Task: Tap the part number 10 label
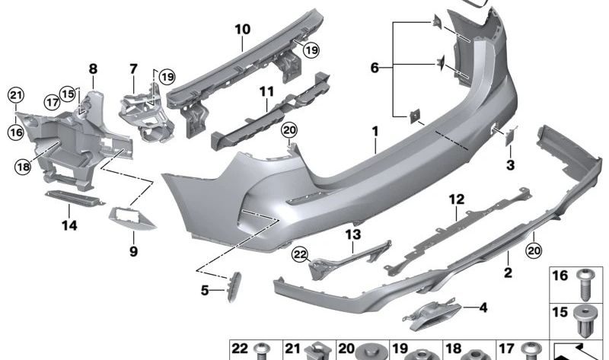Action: [x=242, y=30]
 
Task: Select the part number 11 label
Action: [x=266, y=92]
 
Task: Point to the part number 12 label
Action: [x=456, y=199]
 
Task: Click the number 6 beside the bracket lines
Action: [x=375, y=68]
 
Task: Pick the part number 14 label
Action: [x=70, y=225]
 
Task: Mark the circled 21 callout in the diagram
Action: [x=16, y=94]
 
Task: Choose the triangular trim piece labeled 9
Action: [x=132, y=219]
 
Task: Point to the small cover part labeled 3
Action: [x=509, y=135]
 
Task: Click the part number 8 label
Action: [x=93, y=68]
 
